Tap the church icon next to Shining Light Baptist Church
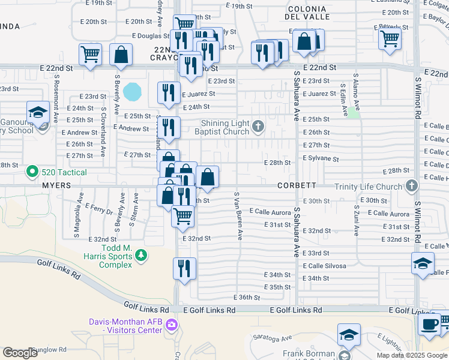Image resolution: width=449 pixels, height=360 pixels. (x=258, y=126)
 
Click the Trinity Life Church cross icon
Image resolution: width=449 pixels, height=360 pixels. (x=411, y=186)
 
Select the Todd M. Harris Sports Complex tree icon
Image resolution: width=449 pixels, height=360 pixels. (x=141, y=256)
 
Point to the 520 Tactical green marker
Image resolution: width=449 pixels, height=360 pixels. (x=33, y=172)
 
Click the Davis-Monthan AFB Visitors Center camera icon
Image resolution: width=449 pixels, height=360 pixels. (x=172, y=326)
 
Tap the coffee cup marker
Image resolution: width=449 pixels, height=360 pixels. (x=429, y=325)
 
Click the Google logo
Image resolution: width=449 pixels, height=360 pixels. (x=21, y=353)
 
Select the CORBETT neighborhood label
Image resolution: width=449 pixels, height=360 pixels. (x=297, y=186)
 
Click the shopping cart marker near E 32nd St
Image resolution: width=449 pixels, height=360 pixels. (x=182, y=216)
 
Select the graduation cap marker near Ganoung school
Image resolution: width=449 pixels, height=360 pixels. (x=37, y=112)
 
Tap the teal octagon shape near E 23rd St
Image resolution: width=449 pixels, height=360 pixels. (x=132, y=92)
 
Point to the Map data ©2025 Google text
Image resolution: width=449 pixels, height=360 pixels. (x=412, y=355)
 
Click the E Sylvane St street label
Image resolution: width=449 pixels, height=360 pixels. (x=321, y=160)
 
